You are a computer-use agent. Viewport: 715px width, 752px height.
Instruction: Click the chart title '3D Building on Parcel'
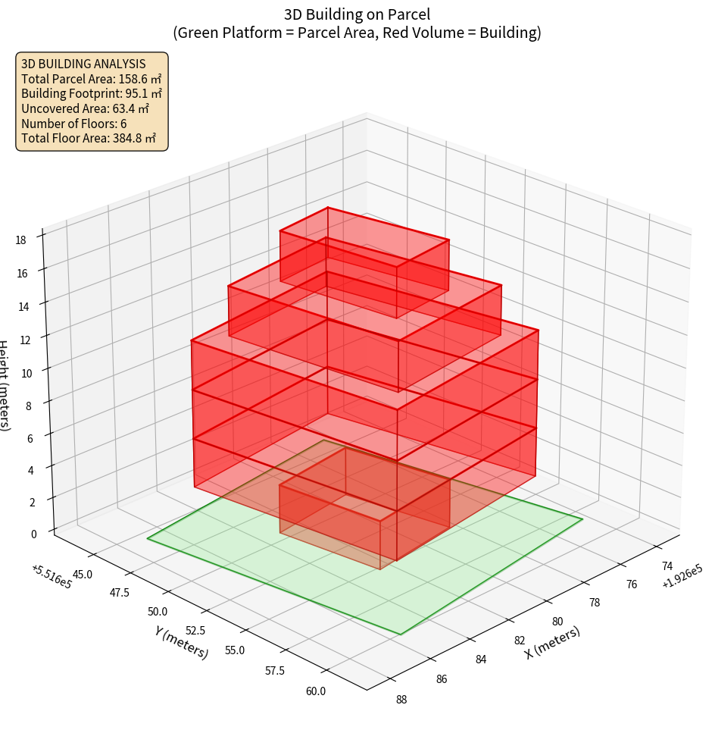pos(357,14)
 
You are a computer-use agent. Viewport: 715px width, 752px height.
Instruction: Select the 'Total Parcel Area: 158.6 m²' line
pos(91,78)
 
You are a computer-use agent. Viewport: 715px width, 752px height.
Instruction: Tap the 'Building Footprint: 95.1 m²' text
pos(91,93)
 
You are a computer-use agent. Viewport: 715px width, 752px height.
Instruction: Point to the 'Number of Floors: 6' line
pos(73,124)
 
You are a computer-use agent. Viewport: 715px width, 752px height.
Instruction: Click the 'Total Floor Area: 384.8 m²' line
pos(88,139)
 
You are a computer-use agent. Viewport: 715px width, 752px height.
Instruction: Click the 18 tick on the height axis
pos(20,240)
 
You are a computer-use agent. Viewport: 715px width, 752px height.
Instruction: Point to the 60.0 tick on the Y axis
pos(316,691)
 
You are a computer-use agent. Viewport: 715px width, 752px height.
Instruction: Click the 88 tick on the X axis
pos(401,699)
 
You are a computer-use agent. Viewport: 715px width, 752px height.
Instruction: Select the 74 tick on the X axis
pos(667,566)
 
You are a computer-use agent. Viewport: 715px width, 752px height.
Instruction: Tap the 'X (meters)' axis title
pos(552,642)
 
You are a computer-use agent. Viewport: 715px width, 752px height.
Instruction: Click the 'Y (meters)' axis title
pos(182,641)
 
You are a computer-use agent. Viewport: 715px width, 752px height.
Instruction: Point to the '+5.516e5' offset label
pos(52,577)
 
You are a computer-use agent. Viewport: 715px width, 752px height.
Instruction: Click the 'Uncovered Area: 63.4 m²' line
pos(85,108)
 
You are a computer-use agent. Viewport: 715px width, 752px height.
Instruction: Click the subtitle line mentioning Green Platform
pos(357,33)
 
